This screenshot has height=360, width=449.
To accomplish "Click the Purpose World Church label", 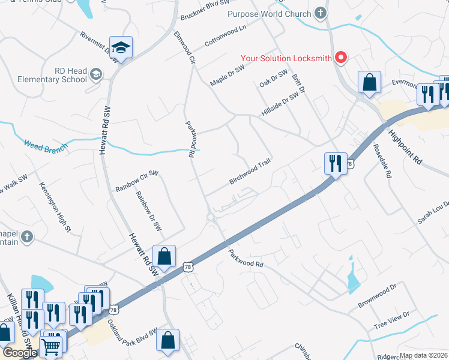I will click(269, 13).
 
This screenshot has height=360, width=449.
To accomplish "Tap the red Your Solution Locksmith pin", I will click(341, 58).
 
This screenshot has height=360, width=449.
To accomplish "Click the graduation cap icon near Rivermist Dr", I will click(121, 47).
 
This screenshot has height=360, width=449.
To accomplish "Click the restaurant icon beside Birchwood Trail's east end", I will click(336, 163).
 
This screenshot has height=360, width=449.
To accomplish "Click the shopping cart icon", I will click(50, 346).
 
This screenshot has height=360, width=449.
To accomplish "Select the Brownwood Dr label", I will click(378, 296).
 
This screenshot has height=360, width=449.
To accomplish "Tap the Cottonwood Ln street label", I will click(226, 36).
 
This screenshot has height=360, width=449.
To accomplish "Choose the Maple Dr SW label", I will click(228, 76).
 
